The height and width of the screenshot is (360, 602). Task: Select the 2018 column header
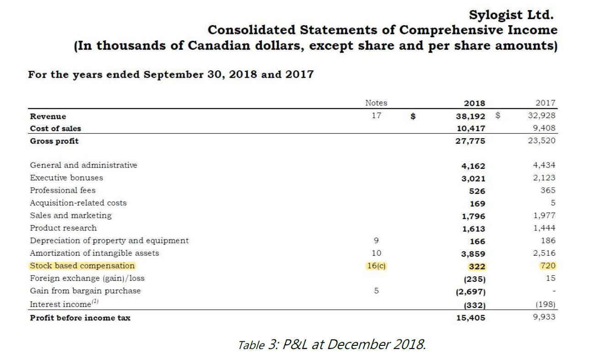474,103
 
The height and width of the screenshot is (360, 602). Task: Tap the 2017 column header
547,103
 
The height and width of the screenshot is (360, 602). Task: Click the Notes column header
376,103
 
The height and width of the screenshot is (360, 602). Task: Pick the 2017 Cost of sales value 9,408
544,128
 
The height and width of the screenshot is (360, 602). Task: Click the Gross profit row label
54,141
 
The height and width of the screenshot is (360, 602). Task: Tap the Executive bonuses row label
66,177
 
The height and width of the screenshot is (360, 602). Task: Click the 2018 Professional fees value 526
478,191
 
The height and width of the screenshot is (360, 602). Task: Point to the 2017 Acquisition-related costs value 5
553,203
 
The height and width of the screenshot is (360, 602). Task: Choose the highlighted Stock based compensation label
82,265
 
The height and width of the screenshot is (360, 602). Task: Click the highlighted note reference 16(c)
376,265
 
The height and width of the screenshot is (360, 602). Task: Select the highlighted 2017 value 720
548,265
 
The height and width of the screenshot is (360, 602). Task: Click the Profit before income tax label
80,317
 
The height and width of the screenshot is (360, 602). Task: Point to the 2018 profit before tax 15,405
471,317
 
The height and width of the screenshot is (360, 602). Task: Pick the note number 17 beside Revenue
376,116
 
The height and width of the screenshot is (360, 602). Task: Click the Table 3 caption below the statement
332,344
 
